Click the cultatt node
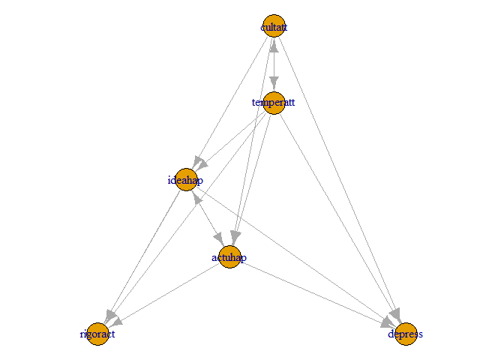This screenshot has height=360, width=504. click(274, 26)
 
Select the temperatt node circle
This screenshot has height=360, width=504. click(274, 103)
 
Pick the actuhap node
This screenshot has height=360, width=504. click(229, 257)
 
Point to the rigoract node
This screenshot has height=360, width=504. click(97, 334)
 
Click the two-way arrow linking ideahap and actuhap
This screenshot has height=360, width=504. click(208, 218)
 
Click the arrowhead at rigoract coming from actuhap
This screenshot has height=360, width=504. click(115, 323)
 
